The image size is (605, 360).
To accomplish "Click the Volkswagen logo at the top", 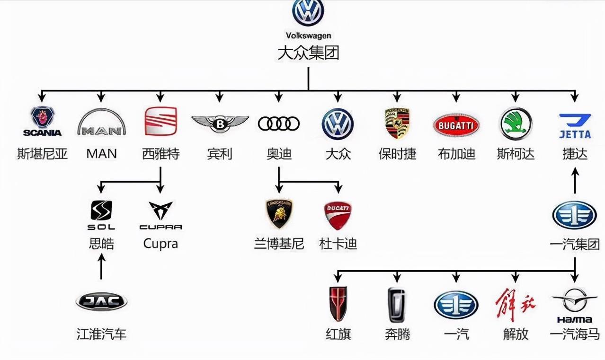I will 308,13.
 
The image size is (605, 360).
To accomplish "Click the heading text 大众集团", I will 308,53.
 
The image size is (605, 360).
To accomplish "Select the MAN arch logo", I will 101,123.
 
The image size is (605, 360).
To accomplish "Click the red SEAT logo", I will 160,121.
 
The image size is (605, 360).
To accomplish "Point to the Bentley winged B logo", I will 220,123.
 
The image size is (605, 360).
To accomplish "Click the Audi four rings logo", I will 279,124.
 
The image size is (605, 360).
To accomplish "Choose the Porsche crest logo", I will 397,123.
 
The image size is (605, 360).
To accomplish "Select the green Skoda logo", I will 516,123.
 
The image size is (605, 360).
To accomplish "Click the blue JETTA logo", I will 575,126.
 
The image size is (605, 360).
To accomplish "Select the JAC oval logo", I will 101,301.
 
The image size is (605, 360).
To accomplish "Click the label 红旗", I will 338,334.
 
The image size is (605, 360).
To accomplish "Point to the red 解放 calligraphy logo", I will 516,304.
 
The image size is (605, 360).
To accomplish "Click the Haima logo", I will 575,303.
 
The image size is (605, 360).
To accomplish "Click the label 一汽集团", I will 575,245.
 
